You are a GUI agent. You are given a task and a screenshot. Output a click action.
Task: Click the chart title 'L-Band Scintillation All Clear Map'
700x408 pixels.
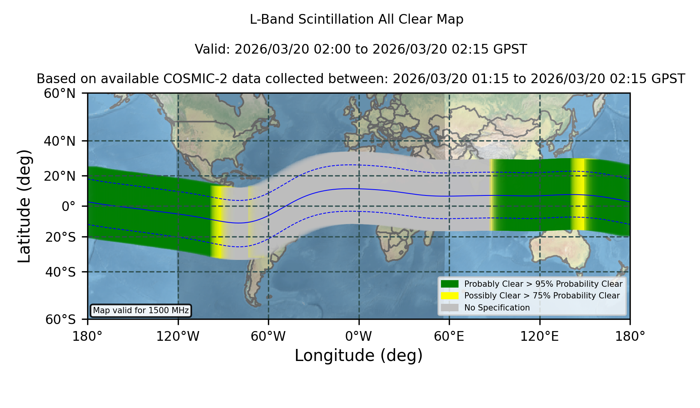point(356,19)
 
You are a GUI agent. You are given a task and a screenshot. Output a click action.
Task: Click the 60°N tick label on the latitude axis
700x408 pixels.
point(60,94)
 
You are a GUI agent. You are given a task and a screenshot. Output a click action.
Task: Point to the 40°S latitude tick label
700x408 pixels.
point(61,272)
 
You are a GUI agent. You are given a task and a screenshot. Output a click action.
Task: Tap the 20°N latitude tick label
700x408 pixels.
point(60,176)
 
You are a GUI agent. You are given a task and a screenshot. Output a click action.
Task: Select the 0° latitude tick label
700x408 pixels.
point(68,206)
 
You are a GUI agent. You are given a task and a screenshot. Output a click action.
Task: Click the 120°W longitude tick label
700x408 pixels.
point(178,336)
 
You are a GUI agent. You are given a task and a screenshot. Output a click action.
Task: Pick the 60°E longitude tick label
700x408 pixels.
point(449,336)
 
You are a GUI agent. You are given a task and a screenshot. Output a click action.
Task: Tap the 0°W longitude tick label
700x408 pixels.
point(359,336)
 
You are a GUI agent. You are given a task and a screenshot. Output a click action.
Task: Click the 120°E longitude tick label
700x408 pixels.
point(540,336)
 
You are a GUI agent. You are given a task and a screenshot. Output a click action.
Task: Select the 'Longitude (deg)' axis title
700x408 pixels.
point(359,356)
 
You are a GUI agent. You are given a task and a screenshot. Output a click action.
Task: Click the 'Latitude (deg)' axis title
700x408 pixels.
point(24,206)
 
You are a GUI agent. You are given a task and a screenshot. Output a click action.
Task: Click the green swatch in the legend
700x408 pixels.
point(450,284)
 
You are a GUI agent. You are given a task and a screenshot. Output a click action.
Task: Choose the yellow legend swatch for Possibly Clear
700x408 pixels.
point(450,295)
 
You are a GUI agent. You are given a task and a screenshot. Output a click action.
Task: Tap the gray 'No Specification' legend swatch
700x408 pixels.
point(450,307)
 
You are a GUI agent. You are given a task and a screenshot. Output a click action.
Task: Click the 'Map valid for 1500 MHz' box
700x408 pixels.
point(141,310)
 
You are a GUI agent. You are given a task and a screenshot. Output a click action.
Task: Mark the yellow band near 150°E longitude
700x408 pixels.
point(579,194)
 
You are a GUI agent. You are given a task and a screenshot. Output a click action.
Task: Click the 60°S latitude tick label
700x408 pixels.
point(61,319)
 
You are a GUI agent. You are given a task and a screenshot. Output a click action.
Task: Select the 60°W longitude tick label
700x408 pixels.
point(268,336)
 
